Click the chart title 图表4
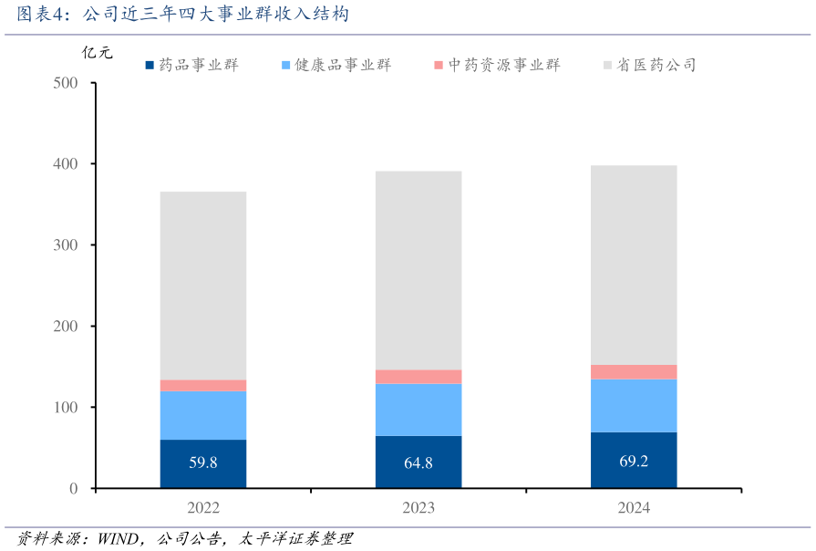pyautogui.click(x=182, y=15)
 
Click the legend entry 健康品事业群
pyautogui.click(x=342, y=65)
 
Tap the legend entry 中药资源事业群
pyautogui.click(x=502, y=65)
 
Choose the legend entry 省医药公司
pyautogui.click(x=656, y=65)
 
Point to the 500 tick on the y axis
pyautogui.click(x=66, y=83)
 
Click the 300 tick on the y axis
pyautogui.click(x=66, y=245)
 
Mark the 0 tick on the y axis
pyautogui.click(x=73, y=489)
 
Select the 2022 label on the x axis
pyautogui.click(x=202, y=508)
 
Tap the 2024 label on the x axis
pyautogui.click(x=634, y=508)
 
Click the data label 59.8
pyautogui.click(x=202, y=463)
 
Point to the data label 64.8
pyautogui.click(x=418, y=463)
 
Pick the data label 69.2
pyautogui.click(x=634, y=461)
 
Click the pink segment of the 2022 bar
pyautogui.click(x=202, y=385)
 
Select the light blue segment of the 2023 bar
pyautogui.click(x=418, y=410)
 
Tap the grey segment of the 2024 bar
pyautogui.click(x=634, y=265)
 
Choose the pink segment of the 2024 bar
pyautogui.click(x=634, y=371)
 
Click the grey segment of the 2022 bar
pyautogui.click(x=202, y=285)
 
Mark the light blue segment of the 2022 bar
pyautogui.click(x=202, y=415)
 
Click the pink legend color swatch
pyautogui.click(x=439, y=65)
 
